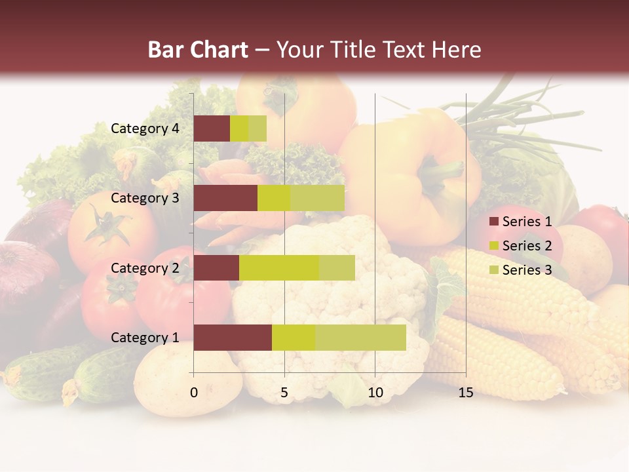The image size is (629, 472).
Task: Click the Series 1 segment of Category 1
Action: click(x=233, y=338)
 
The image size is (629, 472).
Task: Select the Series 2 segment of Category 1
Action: click(x=294, y=338)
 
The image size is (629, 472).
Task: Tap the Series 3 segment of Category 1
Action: click(x=360, y=338)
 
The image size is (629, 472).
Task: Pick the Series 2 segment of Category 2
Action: click(x=279, y=268)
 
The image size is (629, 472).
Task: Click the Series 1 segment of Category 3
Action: click(x=225, y=198)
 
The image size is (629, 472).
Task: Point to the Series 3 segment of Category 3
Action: click(x=317, y=198)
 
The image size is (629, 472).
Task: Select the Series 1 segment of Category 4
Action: click(x=212, y=128)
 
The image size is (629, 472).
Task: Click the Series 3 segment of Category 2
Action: click(x=337, y=268)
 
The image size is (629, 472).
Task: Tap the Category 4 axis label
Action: click(x=145, y=128)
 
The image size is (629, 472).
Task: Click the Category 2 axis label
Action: click(x=145, y=268)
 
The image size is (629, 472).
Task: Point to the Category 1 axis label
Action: click(x=145, y=338)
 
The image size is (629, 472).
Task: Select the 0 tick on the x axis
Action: click(x=194, y=393)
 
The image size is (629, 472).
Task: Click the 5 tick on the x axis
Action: click(x=284, y=393)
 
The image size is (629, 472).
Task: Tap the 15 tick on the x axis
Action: click(x=466, y=393)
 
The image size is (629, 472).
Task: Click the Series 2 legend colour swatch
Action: click(x=493, y=246)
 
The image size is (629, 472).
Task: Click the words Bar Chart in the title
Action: click(x=198, y=50)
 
